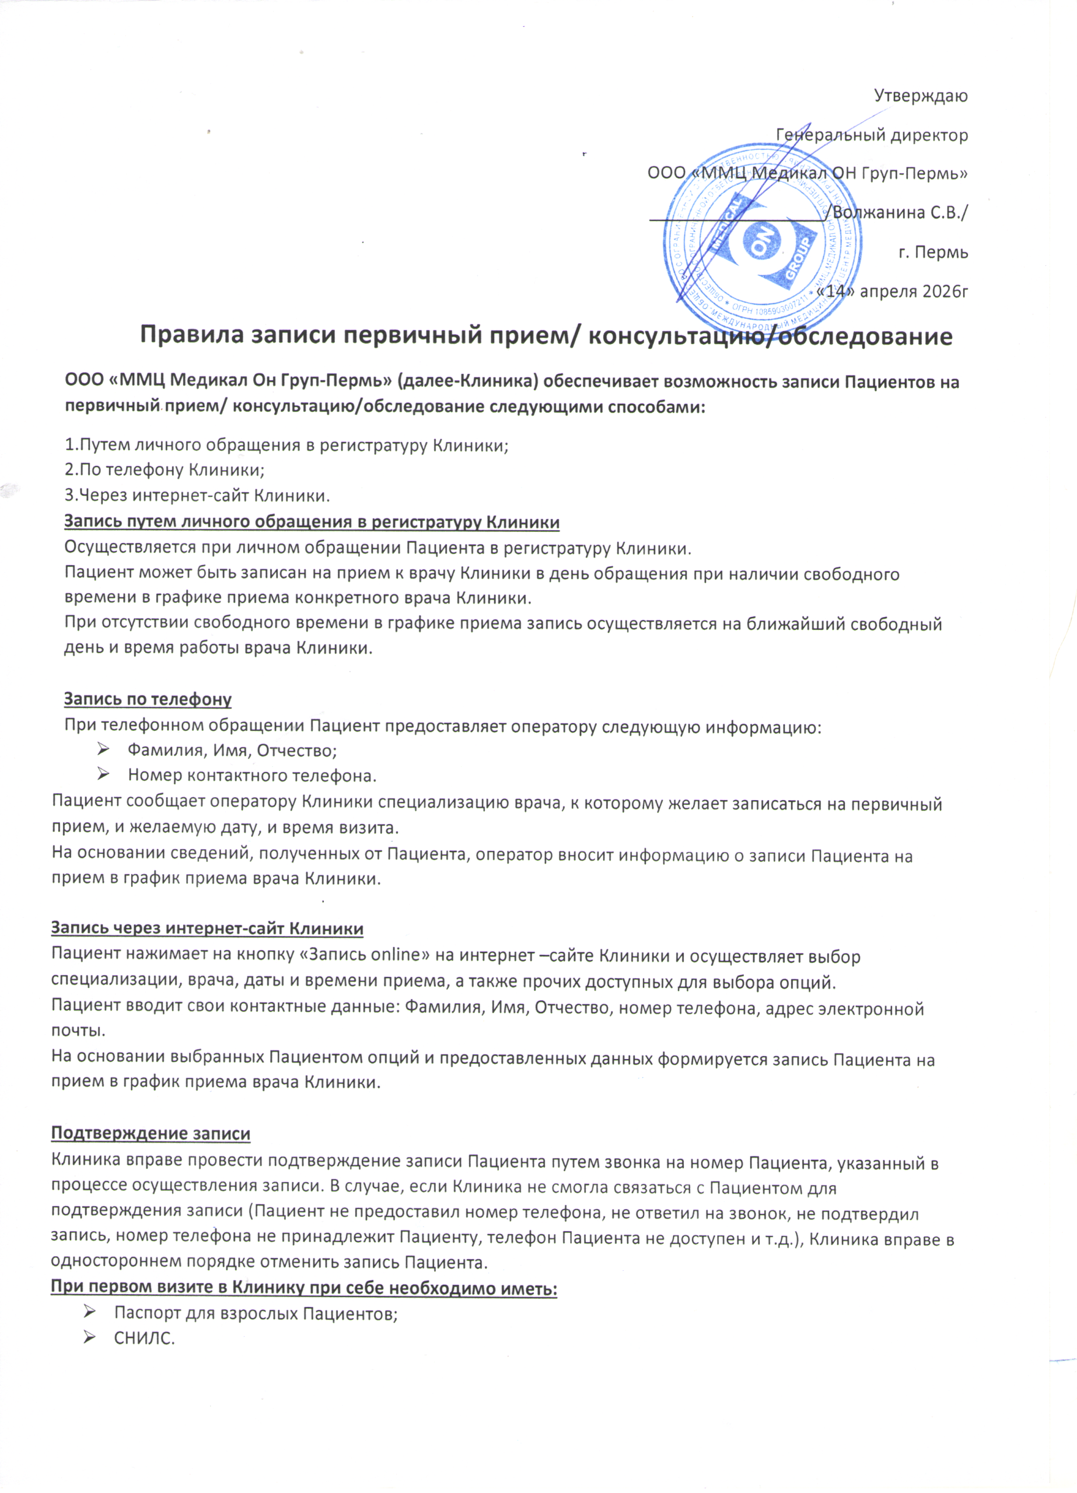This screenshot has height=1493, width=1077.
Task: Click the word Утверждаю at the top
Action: (x=920, y=96)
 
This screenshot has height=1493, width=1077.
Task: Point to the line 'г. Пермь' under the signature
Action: (x=933, y=252)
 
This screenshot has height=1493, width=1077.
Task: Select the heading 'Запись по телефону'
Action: (x=148, y=699)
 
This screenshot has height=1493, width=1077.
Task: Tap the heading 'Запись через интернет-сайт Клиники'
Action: (x=208, y=928)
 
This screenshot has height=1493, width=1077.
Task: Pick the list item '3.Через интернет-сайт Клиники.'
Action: (x=198, y=495)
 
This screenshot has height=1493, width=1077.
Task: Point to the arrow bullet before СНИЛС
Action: (x=90, y=1339)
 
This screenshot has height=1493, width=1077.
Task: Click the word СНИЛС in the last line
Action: (x=144, y=1339)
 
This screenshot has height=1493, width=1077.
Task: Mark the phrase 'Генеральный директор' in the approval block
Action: (x=872, y=136)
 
